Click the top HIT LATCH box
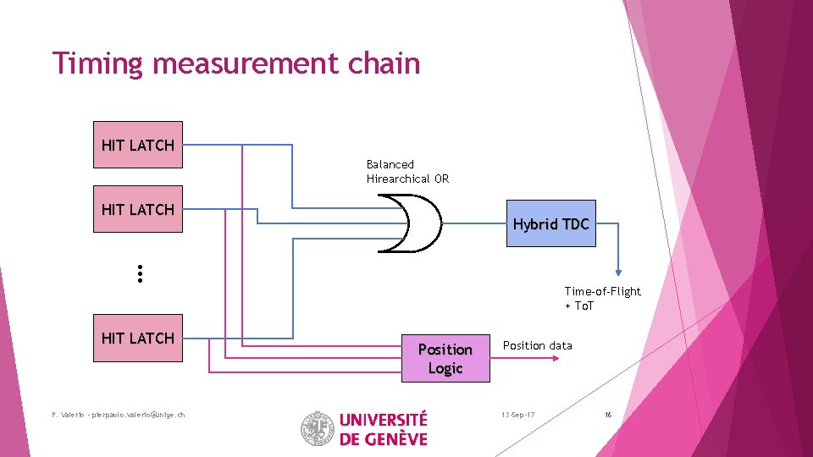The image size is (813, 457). (137, 145)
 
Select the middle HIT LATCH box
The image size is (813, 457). (137, 209)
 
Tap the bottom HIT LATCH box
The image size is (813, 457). (137, 338)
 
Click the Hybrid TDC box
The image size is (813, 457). (550, 223)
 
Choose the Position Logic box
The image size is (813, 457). (445, 358)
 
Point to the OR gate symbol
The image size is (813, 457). (410, 223)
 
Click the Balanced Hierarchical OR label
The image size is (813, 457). (407, 172)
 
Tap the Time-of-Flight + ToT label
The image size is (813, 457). (602, 298)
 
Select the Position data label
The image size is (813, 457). (537, 345)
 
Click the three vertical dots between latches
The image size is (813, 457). (139, 273)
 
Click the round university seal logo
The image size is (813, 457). (318, 428)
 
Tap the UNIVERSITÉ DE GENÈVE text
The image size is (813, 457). (383, 428)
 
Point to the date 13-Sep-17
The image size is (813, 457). (517, 415)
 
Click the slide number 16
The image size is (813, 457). (608, 415)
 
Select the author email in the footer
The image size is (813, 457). (118, 414)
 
